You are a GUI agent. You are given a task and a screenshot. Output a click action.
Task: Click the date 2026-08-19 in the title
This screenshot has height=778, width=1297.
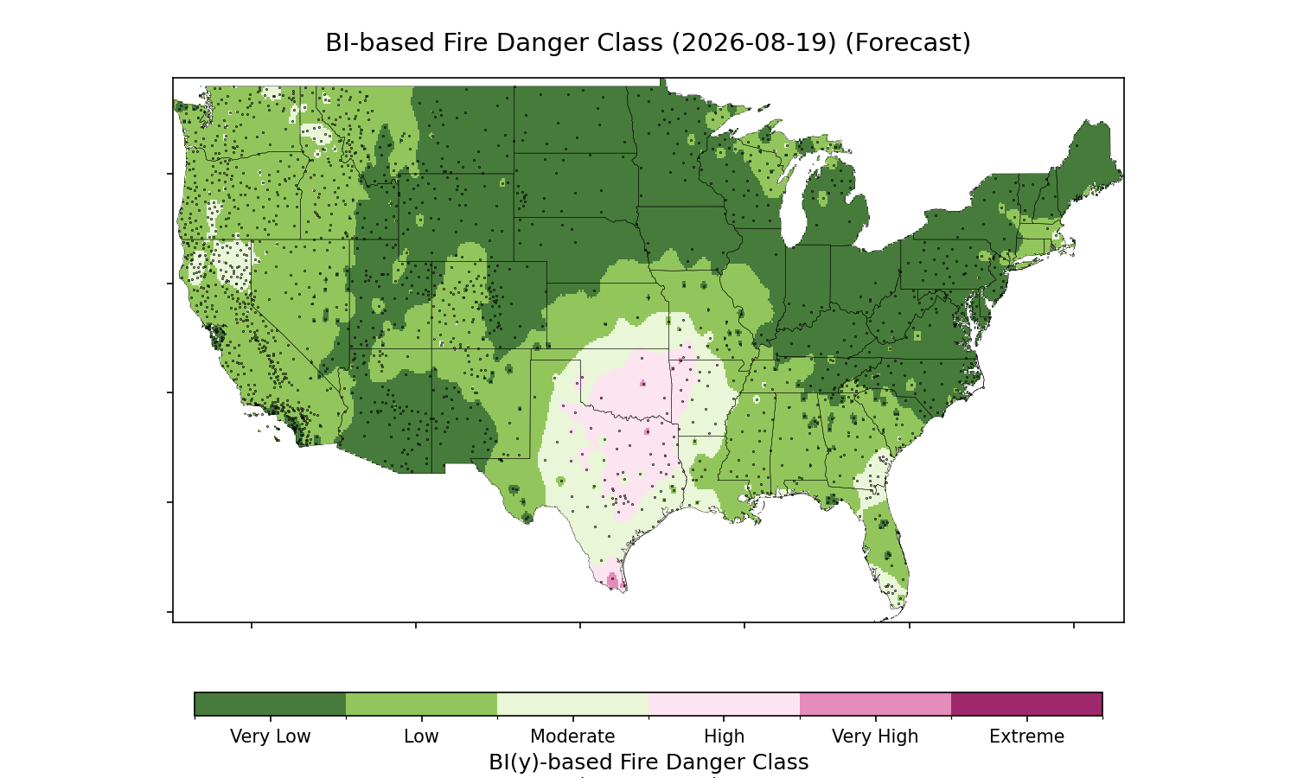click(755, 43)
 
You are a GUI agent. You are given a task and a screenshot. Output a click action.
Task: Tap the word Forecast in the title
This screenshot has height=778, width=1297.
click(908, 43)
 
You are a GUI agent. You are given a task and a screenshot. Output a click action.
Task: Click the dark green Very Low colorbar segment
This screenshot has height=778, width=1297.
click(271, 704)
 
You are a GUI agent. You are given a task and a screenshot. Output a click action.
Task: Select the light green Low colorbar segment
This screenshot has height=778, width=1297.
click(422, 704)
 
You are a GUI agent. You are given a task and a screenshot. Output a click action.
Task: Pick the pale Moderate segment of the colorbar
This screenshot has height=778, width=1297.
click(573, 704)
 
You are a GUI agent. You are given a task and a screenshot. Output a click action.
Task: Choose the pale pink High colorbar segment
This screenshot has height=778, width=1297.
click(725, 704)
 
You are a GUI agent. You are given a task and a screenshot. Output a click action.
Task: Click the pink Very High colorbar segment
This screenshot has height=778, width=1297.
click(875, 704)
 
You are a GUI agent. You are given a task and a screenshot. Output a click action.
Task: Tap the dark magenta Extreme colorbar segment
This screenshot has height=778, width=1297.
click(1026, 704)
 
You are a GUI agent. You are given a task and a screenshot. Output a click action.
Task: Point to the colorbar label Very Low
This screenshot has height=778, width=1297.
click(271, 737)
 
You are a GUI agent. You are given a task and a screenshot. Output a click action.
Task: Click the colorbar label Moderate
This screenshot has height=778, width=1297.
click(572, 737)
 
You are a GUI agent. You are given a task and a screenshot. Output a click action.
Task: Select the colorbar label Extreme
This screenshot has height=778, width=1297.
click(1026, 737)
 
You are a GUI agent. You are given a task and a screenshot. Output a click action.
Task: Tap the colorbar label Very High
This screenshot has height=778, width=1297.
click(875, 737)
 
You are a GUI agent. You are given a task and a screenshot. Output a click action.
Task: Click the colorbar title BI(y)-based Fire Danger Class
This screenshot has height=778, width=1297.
click(648, 762)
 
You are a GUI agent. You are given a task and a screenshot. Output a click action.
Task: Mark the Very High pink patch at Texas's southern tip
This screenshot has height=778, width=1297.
click(612, 580)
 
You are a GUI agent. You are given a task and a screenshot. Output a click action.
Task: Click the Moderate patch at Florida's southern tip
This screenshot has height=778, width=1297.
click(891, 590)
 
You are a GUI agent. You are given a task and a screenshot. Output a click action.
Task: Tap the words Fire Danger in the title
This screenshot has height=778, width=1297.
click(553, 43)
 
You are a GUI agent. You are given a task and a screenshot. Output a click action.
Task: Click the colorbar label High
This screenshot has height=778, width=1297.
click(725, 737)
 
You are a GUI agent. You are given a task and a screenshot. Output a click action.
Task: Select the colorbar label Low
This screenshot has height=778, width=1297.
click(422, 737)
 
